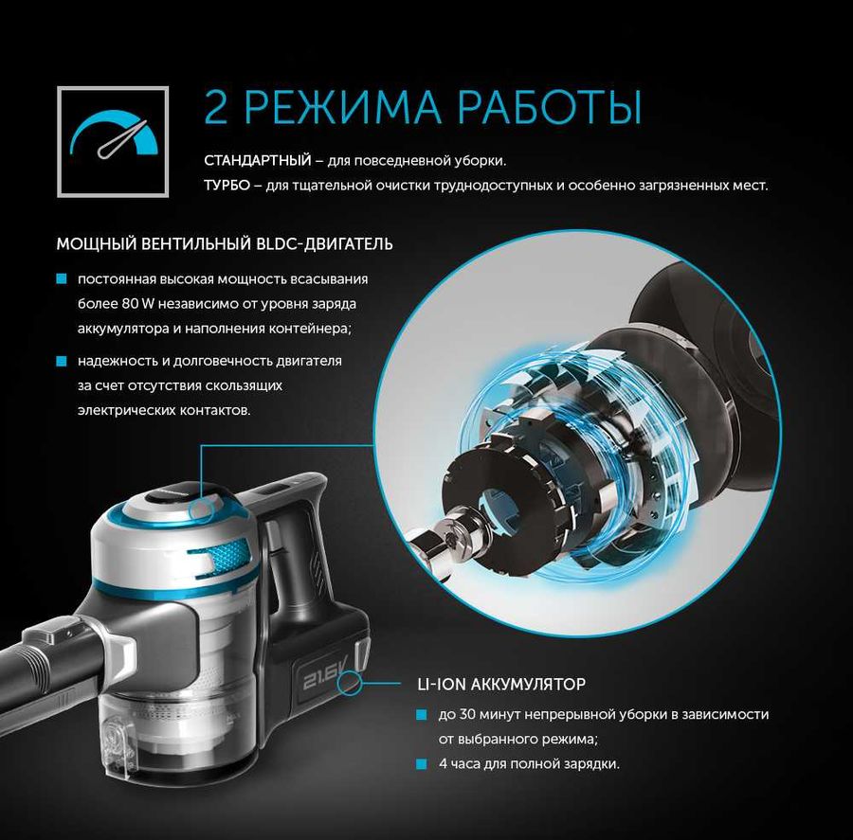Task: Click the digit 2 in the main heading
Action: tap(216, 106)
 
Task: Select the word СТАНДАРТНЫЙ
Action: tap(257, 160)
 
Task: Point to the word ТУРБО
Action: tap(227, 186)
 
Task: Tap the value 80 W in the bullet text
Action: tap(138, 303)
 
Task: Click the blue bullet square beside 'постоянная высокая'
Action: tap(62, 279)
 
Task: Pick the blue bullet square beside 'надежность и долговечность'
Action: tap(62, 361)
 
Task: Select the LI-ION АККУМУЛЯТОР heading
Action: tap(501, 684)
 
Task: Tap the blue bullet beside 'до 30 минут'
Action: tap(422, 714)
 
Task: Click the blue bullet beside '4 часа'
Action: tap(422, 764)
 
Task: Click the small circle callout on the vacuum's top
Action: tap(201, 510)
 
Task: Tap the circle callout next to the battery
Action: tap(349, 683)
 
